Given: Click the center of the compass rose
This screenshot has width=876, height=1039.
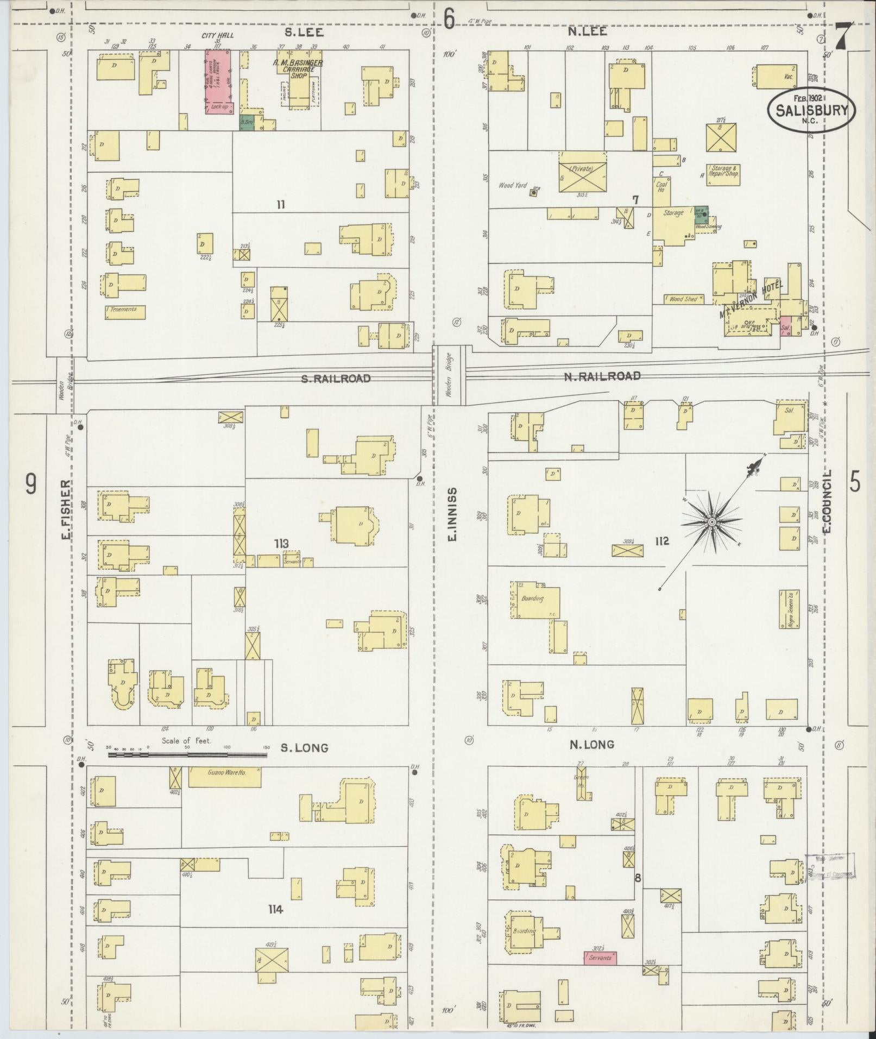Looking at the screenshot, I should pyautogui.click(x=711, y=522).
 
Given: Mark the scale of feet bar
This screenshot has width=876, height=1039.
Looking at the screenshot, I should pyautogui.click(x=187, y=754).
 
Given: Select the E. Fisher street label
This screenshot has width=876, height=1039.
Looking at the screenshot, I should pyautogui.click(x=66, y=510).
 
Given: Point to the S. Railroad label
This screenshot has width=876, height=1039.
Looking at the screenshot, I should pyautogui.click(x=336, y=379).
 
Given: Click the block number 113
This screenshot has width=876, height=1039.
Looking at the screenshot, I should pyautogui.click(x=281, y=543).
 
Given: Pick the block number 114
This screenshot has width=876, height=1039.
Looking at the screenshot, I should pyautogui.click(x=275, y=909).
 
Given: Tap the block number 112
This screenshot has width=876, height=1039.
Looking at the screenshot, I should pyautogui.click(x=661, y=541).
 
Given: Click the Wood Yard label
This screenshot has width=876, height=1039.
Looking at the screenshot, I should pyautogui.click(x=513, y=185).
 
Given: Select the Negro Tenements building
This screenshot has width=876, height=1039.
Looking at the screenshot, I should pyautogui.click(x=790, y=609).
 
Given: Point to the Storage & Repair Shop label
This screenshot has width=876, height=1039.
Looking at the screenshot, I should pyautogui.click(x=723, y=172).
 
